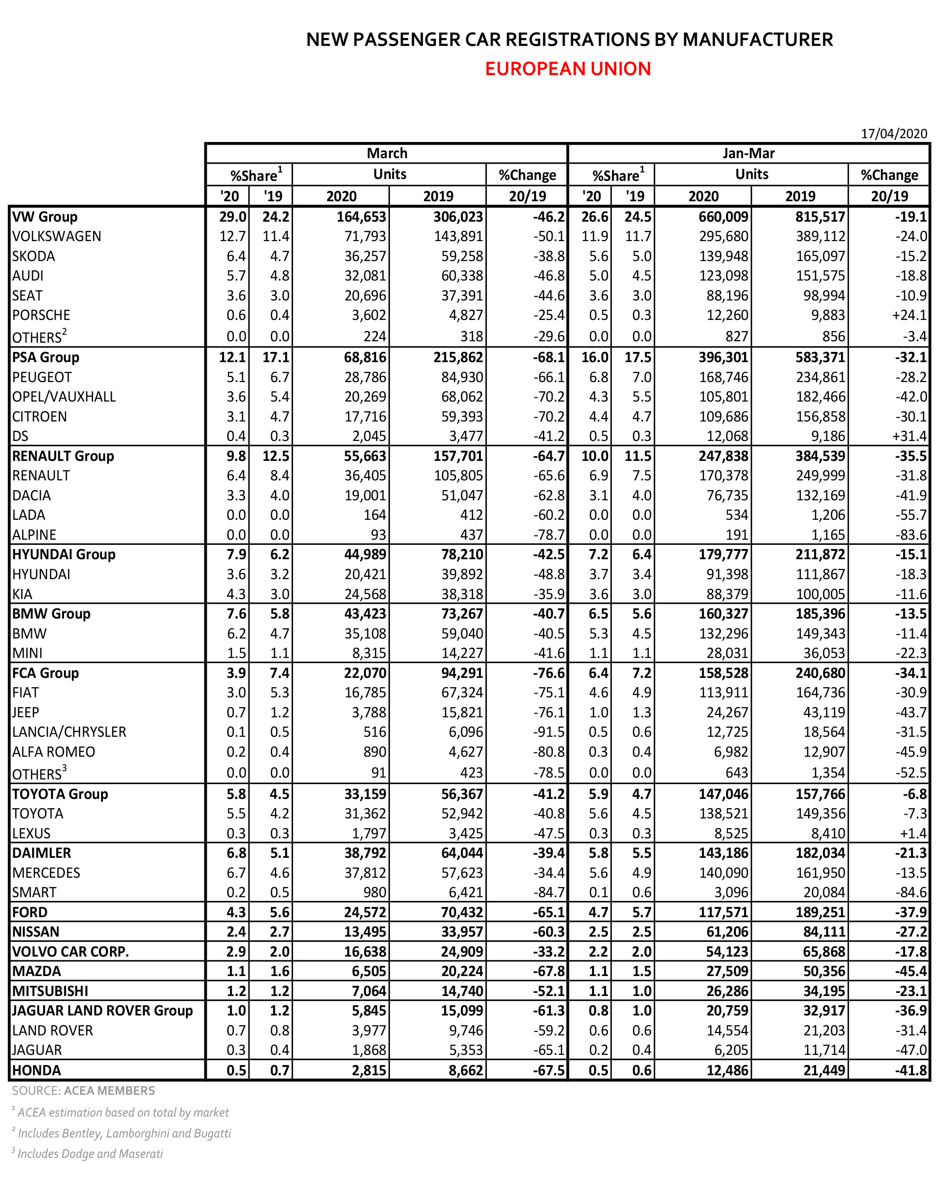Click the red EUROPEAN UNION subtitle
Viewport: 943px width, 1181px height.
(x=568, y=69)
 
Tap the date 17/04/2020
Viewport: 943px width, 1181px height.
(x=894, y=134)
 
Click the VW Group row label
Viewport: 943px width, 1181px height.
(x=45, y=217)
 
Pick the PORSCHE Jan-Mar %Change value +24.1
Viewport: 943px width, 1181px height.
(x=909, y=315)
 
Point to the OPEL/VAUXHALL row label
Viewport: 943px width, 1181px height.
(x=64, y=396)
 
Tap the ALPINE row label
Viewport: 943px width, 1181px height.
(x=34, y=535)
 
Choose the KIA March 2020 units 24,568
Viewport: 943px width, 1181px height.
(x=365, y=594)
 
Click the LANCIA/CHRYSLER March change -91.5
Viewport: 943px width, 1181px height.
(x=549, y=732)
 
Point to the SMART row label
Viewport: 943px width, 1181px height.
(x=34, y=893)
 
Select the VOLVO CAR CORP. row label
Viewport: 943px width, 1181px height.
(x=70, y=952)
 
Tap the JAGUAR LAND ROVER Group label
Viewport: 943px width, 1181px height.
(x=102, y=1011)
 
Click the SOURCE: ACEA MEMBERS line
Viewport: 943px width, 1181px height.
(x=83, y=1091)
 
